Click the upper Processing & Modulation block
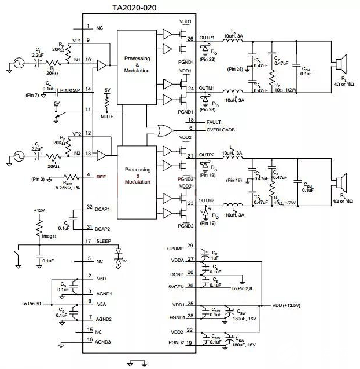[137, 64]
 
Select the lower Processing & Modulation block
[137, 176]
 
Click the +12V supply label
[39, 210]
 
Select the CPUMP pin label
[175, 248]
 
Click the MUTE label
[106, 116]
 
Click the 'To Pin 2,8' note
[242, 288]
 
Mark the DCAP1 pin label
[102, 207]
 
